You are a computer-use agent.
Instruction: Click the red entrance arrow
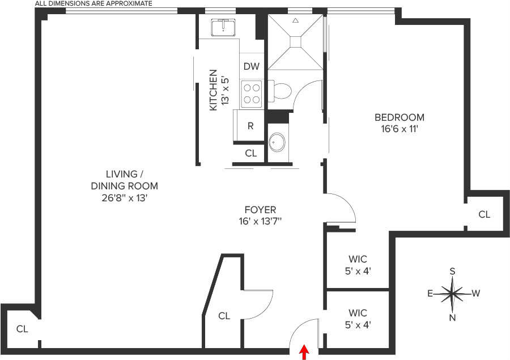304,353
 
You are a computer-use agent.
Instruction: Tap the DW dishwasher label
251,66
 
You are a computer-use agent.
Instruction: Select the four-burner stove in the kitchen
252,94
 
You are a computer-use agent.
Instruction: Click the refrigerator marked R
250,126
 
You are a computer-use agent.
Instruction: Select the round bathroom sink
277,142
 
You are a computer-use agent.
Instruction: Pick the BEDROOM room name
399,117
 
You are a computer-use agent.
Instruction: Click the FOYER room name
260,210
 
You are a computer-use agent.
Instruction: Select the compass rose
452,294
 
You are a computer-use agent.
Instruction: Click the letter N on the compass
452,317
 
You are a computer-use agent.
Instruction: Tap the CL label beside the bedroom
484,214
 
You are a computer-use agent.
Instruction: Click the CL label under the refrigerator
250,153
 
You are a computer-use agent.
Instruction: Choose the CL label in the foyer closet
224,316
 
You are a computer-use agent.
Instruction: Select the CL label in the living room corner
22,328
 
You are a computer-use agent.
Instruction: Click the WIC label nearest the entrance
358,313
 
